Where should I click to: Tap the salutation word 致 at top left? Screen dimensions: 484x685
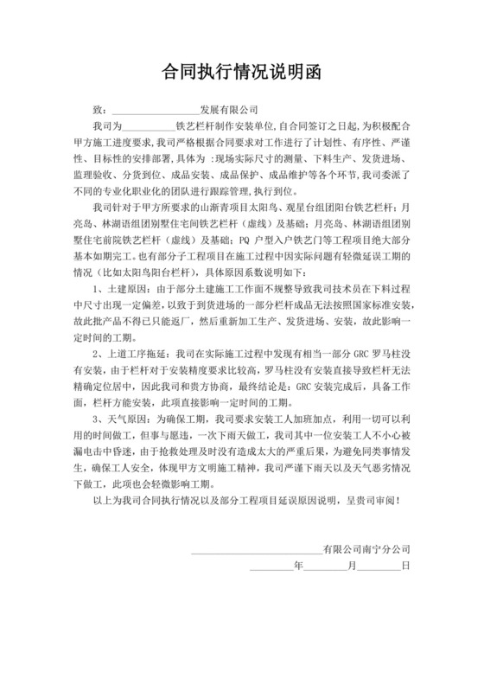click(x=98, y=112)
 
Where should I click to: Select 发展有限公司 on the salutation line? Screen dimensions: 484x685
click(x=228, y=112)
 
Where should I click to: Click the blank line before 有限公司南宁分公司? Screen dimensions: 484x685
click(x=255, y=574)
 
